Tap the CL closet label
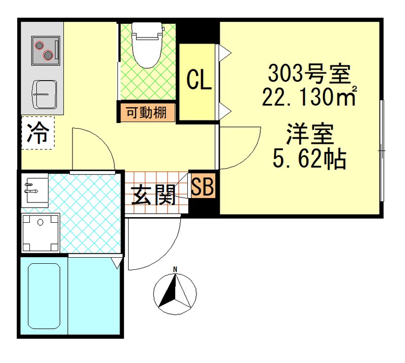[x=199, y=80]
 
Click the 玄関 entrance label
[x=154, y=194]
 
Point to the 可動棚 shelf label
[x=146, y=113]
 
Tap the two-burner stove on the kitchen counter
[x=44, y=50]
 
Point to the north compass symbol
[x=174, y=295]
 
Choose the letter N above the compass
[x=175, y=269]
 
